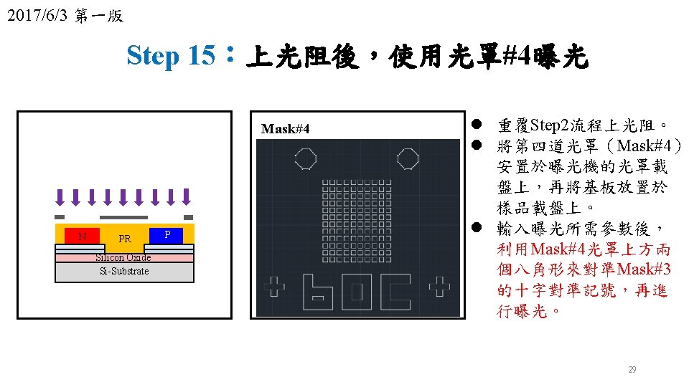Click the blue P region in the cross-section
pos(167,235)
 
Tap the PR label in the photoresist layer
pos(125,239)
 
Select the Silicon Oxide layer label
pos(124,257)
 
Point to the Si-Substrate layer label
pos(124,271)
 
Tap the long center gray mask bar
pos(123,217)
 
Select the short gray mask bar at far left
pos(60,217)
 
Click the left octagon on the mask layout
pos(306,158)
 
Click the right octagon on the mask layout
pos(408,158)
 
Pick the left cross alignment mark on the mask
pos(274,287)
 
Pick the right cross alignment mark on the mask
pos(439,287)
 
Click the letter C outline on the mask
pos(395,292)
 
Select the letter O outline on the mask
pos(357,292)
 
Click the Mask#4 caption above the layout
pos(286,129)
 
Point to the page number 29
pos(632,370)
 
